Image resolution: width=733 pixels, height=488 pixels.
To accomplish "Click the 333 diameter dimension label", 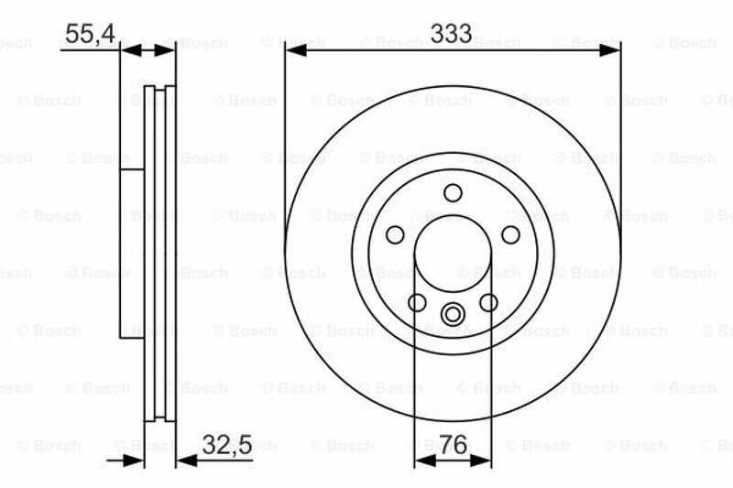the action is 451,33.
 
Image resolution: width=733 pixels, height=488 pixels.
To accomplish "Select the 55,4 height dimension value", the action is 90,34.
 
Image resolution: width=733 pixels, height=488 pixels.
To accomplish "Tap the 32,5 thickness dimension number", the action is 227,445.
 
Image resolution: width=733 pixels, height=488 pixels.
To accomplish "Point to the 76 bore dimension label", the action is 453,445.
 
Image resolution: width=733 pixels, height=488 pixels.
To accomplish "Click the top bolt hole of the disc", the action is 453,193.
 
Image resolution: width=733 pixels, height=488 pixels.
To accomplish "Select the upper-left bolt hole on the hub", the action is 395,234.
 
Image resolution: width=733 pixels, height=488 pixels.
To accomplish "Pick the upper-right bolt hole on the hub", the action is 510,234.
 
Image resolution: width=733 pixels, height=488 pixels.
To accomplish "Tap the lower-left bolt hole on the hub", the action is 417,302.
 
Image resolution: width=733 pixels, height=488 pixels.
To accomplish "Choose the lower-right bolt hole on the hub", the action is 488,302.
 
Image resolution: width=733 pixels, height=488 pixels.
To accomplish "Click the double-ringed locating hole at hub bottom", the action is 453,314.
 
